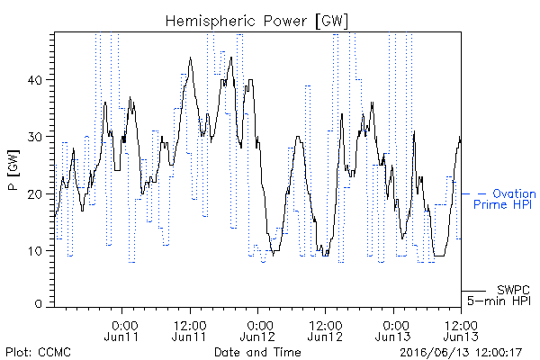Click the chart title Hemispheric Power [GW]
coord(256,22)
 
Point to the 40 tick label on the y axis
coord(34,80)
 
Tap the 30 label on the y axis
coord(34,137)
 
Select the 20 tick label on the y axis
coord(34,194)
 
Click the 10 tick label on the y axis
coord(35,251)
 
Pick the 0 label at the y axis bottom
coord(39,304)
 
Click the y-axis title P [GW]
coord(13,170)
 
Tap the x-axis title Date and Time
coord(257,352)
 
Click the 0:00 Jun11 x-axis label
coord(121,331)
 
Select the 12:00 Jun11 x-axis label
coord(189,331)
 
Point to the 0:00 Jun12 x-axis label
coord(257,331)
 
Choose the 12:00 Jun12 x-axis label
coord(325,331)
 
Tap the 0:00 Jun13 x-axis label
coord(393,331)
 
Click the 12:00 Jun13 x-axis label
coord(461,331)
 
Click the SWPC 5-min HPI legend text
coord(499,295)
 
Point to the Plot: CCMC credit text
coord(38,352)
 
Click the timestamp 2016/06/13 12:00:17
coord(461,353)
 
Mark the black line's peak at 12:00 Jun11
coord(190,58)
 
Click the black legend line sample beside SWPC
coord(473,291)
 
